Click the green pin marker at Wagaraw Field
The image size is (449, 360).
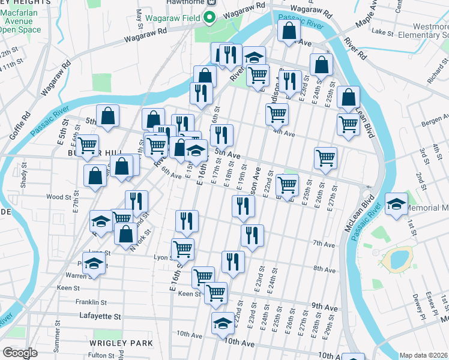point(209,16)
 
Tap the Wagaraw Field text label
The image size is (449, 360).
point(178,17)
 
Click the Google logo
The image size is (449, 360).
point(20,353)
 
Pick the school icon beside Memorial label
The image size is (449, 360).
point(396,203)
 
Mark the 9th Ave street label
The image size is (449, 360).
point(325,305)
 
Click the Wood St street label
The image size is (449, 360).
point(59,197)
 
